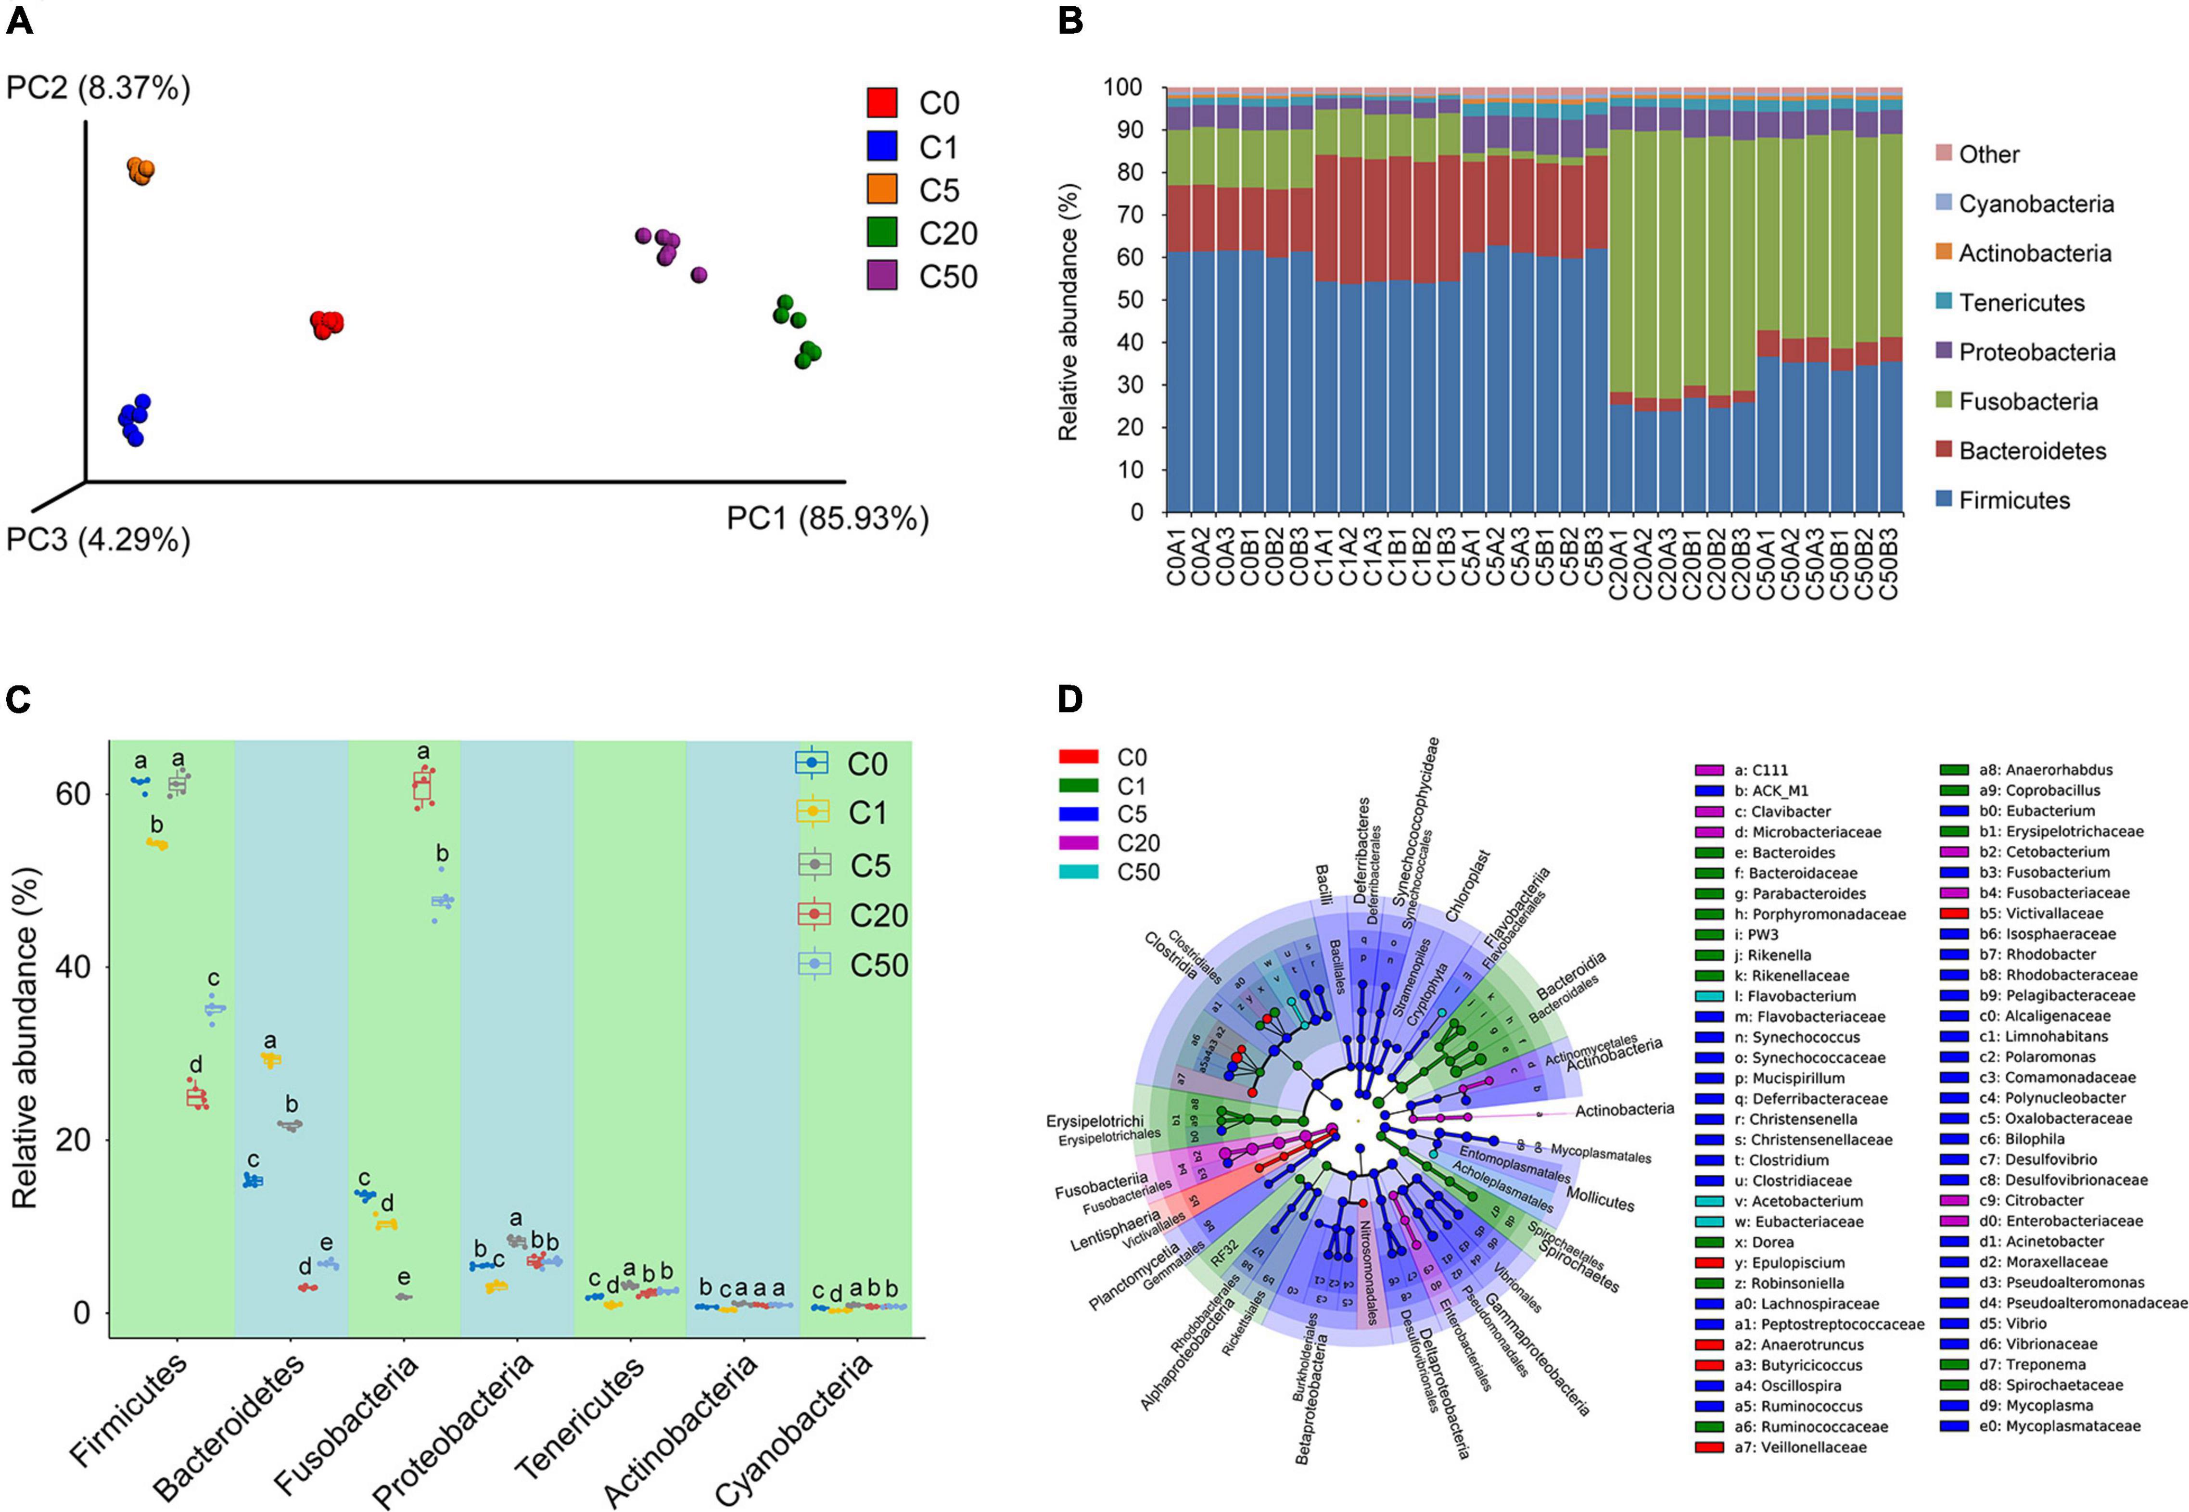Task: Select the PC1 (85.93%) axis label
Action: pyautogui.click(x=827, y=519)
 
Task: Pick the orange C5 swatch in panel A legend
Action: pyautogui.click(x=882, y=190)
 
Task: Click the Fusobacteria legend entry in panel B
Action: pyautogui.click(x=2028, y=402)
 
